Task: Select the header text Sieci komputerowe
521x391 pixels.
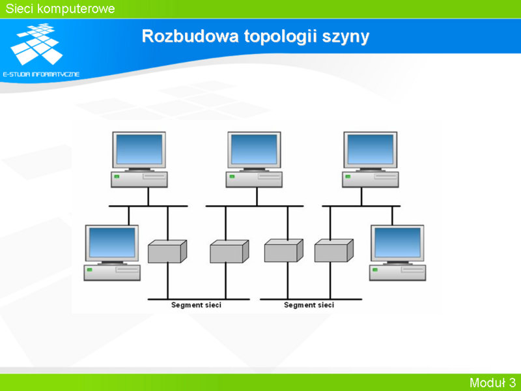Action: tap(60, 8)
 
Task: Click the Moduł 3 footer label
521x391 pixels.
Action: tap(492, 383)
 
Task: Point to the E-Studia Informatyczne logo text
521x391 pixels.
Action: tap(41, 74)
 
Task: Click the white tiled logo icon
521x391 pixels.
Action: tap(36, 44)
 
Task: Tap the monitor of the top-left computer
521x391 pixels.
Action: tap(139, 151)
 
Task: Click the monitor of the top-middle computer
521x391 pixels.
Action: tap(254, 151)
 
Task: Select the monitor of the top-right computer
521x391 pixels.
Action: tap(370, 151)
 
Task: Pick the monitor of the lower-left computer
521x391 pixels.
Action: tap(112, 244)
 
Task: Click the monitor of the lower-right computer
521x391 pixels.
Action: tap(397, 244)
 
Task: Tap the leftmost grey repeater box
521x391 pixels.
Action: tap(167, 252)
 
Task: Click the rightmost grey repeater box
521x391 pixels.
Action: tap(334, 250)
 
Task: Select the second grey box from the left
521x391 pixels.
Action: tap(229, 252)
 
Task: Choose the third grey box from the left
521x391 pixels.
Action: tap(284, 250)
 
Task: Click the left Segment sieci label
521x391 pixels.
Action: tap(196, 305)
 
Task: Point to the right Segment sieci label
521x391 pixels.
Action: tap(309, 305)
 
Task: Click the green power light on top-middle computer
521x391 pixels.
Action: tap(232, 177)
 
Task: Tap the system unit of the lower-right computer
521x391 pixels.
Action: tap(397, 272)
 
